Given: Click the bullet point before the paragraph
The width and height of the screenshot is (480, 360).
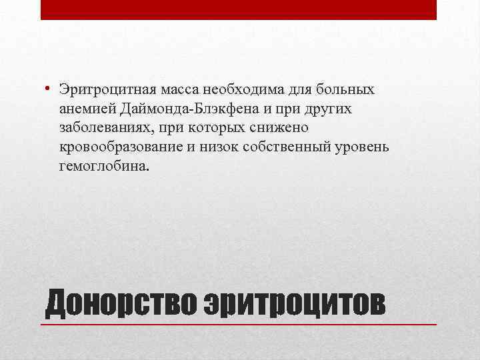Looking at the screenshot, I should [49, 89].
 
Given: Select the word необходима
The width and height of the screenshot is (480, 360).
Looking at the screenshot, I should [235, 89].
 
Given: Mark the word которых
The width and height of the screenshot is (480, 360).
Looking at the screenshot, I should [207, 127].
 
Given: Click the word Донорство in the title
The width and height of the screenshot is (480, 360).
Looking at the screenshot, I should [117, 303].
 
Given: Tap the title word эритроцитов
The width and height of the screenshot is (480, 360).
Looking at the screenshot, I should [293, 303].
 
